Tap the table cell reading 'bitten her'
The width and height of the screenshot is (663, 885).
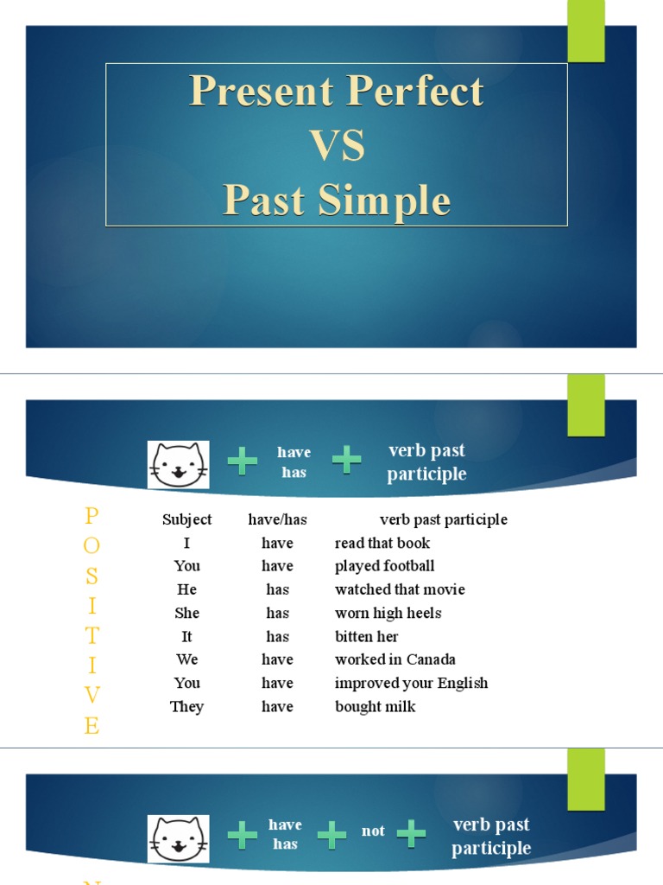point(366,636)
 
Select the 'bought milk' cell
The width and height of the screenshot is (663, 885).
point(375,706)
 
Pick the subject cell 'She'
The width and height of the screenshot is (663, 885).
point(186,613)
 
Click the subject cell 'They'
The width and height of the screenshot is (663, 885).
point(186,706)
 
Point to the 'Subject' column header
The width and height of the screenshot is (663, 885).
point(186,519)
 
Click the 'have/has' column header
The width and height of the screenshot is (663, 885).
point(277,519)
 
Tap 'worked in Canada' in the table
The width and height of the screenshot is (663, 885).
point(395,659)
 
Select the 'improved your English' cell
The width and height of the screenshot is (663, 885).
point(411,683)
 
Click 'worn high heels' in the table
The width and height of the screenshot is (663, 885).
point(388,613)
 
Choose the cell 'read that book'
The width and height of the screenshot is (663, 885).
point(382,543)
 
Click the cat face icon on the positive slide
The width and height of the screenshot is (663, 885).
point(178,465)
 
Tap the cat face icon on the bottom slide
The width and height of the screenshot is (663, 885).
point(178,839)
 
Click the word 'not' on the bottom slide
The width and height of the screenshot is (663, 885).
point(373,831)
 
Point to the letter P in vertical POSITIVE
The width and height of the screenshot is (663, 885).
point(92,516)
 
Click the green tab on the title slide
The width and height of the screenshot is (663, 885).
point(585,30)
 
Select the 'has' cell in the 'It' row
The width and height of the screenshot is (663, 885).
point(277,636)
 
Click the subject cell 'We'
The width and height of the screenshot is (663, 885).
point(186,659)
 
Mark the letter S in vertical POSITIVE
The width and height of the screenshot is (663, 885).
point(92,576)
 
